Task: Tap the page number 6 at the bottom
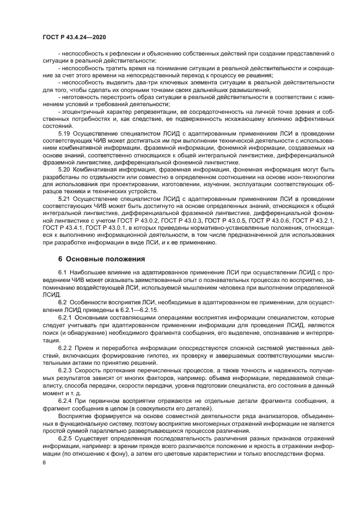44,462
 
